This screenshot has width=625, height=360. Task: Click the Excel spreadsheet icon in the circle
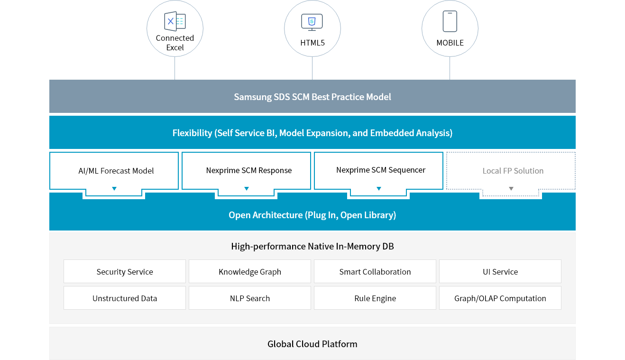(175, 21)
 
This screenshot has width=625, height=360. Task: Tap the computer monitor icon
(312, 22)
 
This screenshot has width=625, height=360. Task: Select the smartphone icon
(450, 21)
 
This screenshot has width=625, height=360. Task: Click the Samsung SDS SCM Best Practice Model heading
(312, 97)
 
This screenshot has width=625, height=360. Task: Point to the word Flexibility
(192, 133)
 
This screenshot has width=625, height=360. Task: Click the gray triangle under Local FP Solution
(511, 189)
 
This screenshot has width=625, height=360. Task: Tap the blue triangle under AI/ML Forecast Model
(114, 189)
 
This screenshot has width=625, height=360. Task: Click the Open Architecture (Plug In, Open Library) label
(312, 215)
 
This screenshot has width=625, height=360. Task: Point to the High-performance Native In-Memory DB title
(312, 246)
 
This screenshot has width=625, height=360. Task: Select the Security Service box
(125, 272)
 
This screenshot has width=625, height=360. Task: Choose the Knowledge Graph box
(250, 272)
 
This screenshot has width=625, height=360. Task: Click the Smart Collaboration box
(375, 272)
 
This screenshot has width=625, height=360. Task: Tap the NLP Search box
(250, 298)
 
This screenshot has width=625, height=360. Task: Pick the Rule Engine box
(375, 298)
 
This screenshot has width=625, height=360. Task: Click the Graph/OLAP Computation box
(500, 298)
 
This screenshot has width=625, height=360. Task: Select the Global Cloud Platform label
(312, 344)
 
